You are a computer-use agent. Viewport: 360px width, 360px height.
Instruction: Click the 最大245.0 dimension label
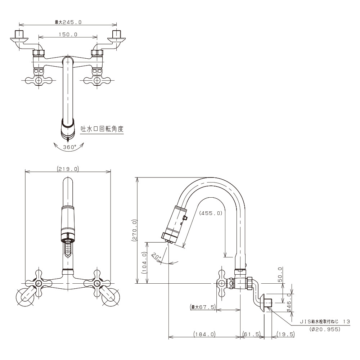tap(68, 22)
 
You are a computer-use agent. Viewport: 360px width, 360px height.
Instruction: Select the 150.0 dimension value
tap(68, 35)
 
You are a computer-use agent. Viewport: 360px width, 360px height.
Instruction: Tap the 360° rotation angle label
tap(69, 147)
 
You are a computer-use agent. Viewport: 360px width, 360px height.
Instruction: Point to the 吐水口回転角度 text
tap(102, 129)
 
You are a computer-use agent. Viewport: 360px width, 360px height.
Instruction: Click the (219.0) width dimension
tap(68, 168)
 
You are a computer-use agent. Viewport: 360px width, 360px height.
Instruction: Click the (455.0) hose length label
tap(211, 213)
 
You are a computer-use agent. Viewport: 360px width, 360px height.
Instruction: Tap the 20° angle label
tap(156, 257)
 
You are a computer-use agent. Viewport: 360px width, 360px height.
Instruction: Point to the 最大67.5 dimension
tap(202, 307)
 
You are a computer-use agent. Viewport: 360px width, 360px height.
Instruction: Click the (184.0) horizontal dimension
tap(204, 334)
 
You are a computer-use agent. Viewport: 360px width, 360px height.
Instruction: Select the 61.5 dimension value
tap(251, 334)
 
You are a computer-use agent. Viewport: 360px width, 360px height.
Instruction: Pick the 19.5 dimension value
tap(286, 334)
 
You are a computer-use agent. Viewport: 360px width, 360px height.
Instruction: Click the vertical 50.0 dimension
tap(280, 275)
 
